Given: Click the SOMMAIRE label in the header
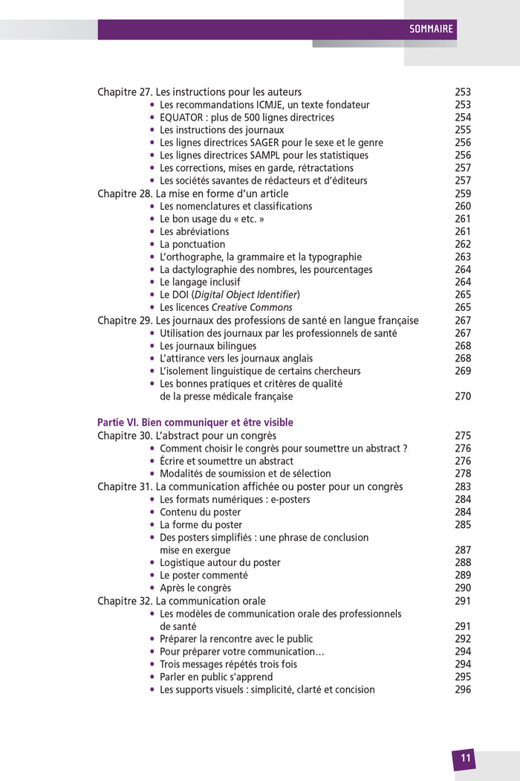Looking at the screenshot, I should (431, 30).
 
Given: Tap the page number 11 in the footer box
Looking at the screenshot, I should (465, 759).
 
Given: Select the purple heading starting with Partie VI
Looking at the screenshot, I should (195, 422).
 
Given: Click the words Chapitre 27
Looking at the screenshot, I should (125, 92).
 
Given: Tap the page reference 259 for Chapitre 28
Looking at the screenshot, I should (463, 193).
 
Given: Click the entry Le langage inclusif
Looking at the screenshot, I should (200, 282).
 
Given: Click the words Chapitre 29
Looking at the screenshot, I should (125, 321).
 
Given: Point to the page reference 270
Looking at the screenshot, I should (463, 396).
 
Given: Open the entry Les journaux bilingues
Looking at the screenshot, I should (208, 346).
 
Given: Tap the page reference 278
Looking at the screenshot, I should (463, 474).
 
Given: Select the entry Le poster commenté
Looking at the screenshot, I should (204, 575).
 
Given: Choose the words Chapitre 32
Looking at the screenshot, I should (125, 601).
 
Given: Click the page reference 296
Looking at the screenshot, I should (463, 690).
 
